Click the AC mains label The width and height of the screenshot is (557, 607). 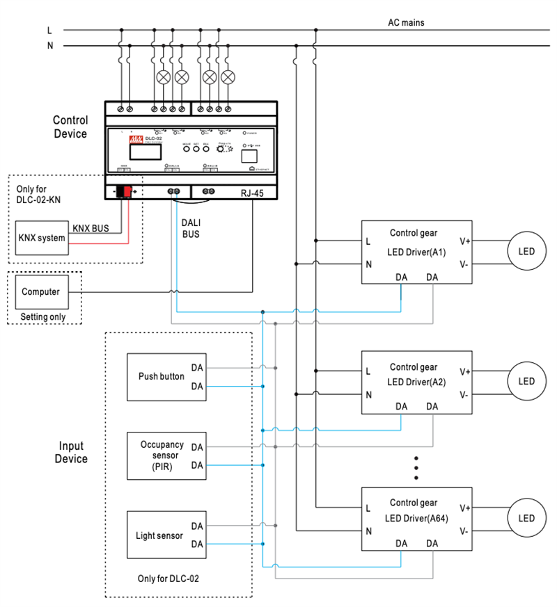406,22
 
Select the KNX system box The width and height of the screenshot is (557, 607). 42,238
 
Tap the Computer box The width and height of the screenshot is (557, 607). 40,292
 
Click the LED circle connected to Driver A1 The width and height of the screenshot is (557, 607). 526,251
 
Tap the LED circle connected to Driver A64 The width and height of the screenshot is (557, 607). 526,518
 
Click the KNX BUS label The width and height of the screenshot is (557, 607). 90,227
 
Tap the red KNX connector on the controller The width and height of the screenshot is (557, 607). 125,192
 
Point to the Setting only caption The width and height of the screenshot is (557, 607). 43,317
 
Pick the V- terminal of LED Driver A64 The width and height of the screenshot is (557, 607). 464,531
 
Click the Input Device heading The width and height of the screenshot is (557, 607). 72,453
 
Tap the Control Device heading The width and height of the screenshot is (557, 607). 70,127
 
